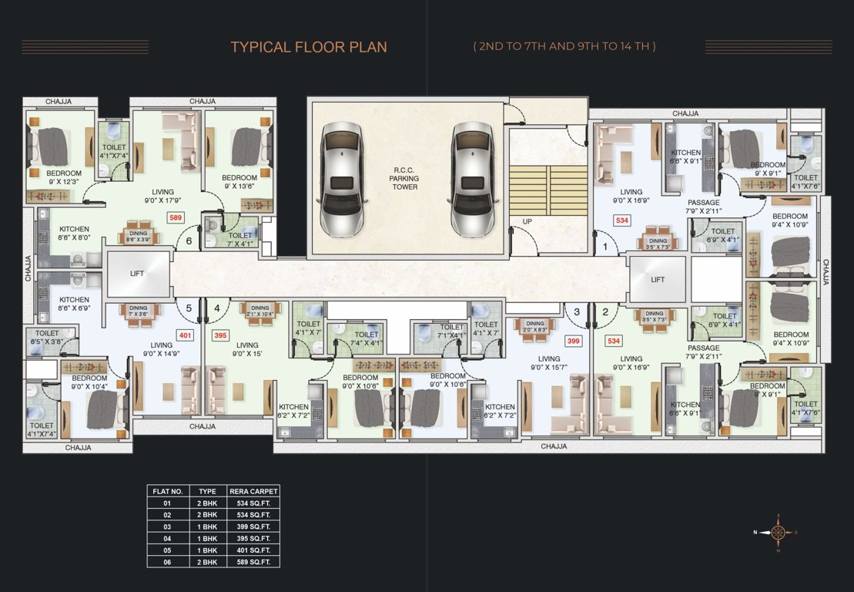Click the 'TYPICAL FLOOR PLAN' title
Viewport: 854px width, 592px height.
tap(309, 47)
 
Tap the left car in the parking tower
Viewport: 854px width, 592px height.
tap(340, 179)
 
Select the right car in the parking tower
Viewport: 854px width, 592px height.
tap(471, 179)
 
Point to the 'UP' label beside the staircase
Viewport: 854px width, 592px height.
tap(527, 221)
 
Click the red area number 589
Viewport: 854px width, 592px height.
tap(176, 219)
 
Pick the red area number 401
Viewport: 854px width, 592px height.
tap(184, 335)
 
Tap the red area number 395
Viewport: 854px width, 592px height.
tap(220, 335)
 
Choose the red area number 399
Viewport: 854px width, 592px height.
tap(572, 340)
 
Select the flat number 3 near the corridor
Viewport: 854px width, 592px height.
tap(576, 311)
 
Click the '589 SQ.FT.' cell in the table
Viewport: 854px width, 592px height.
tap(253, 561)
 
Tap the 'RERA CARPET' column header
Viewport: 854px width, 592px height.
tap(253, 491)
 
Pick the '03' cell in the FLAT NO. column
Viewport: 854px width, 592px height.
tap(167, 526)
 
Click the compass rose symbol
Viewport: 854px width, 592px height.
tap(779, 531)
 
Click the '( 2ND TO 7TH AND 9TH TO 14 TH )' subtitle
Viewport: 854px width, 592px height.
tap(564, 46)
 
